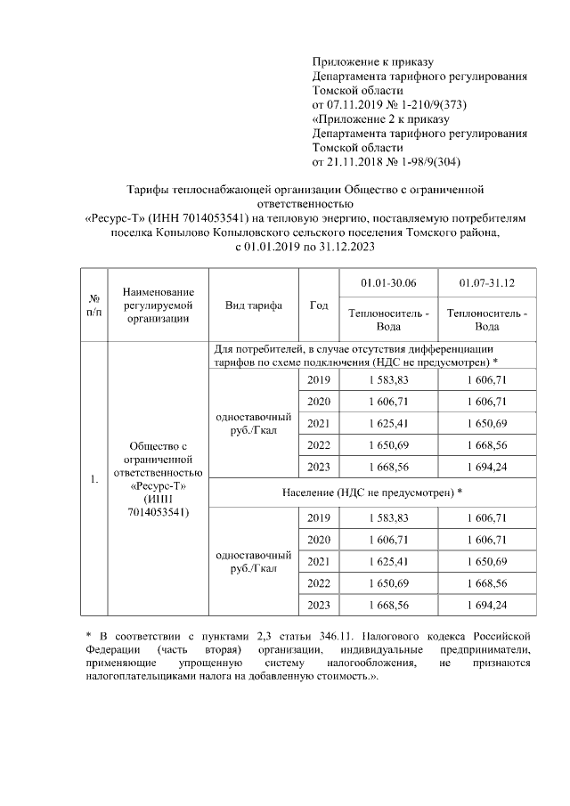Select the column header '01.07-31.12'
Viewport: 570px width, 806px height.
486,283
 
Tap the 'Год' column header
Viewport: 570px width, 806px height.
318,305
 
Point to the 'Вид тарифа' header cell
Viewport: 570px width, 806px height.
254,305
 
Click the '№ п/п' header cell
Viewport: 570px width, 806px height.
94,305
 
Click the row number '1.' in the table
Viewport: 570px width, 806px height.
94,480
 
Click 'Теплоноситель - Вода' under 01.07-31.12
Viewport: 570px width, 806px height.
486,320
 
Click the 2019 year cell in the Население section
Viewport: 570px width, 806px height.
318,517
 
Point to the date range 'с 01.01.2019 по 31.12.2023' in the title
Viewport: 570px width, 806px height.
305,246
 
